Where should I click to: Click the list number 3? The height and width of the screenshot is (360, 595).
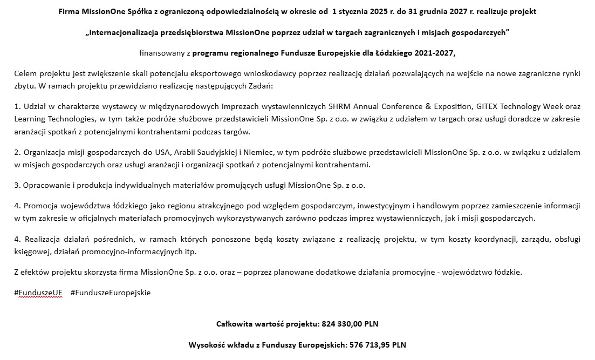tap(17, 185)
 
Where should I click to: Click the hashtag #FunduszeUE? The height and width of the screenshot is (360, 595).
tap(38, 293)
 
